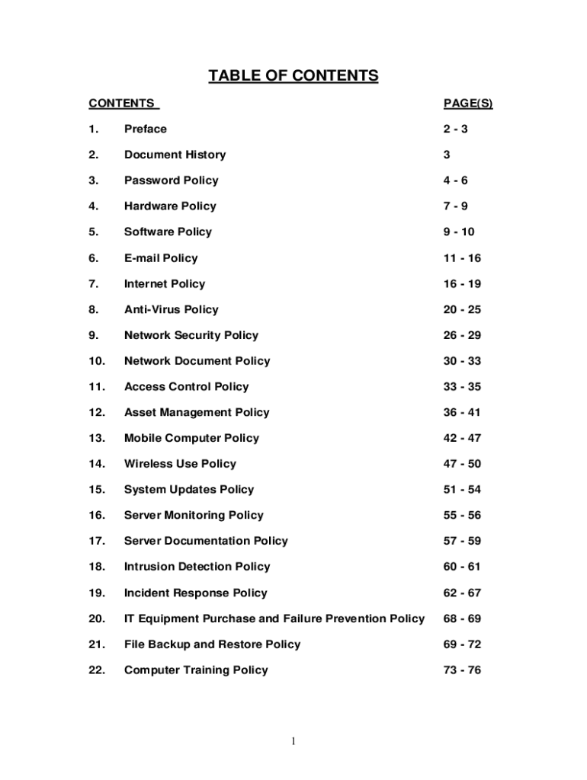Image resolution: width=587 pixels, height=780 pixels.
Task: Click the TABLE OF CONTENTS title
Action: point(293,75)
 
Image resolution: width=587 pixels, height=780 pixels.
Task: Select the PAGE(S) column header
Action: point(467,104)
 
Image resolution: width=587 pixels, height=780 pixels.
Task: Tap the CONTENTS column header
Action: point(122,104)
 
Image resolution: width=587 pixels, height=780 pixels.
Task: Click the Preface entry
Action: point(145,129)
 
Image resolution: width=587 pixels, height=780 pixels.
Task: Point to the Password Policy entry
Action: point(171,181)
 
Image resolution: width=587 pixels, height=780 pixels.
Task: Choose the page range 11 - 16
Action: point(462,258)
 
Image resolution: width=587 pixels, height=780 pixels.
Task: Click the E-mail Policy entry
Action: point(161,258)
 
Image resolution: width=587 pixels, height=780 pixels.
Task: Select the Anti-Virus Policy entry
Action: point(171,309)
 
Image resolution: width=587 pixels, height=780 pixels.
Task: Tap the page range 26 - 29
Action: point(462,335)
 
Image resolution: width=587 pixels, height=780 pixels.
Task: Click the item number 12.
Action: point(96,413)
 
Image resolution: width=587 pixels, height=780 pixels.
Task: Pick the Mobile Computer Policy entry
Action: point(191,438)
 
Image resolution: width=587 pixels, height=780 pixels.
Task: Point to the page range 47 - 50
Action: point(462,464)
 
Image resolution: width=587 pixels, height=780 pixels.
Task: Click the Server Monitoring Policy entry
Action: point(194,516)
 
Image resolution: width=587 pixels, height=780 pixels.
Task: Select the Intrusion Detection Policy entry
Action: point(197,567)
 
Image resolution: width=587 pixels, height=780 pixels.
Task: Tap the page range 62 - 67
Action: point(462,593)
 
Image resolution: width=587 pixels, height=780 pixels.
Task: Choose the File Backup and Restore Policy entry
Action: point(212,644)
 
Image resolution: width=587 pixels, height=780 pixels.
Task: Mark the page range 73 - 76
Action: point(462,670)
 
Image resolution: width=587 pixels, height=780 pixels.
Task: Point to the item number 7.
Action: point(92,284)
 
